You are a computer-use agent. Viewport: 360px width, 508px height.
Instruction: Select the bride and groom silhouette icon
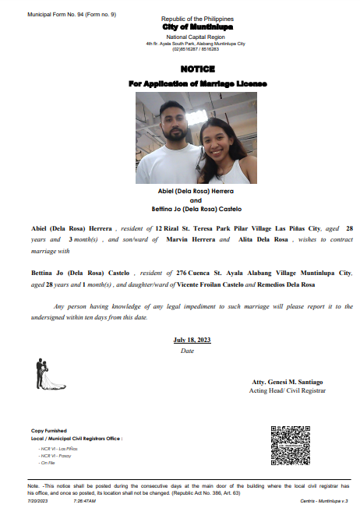45,374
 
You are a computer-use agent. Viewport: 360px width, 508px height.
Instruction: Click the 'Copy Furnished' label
48,431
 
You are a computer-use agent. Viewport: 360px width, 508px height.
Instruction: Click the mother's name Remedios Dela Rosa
259,285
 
